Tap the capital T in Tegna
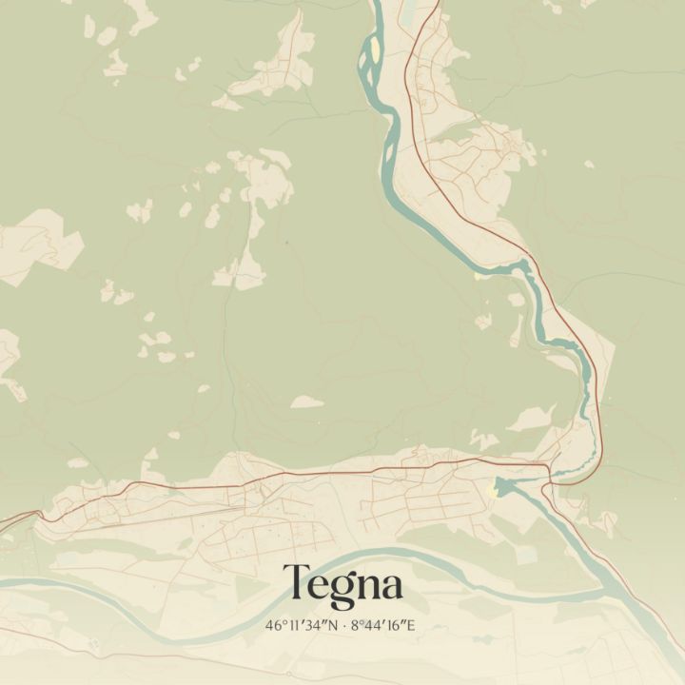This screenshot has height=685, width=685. click(x=295, y=582)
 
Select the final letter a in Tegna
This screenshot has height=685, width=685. click(x=390, y=586)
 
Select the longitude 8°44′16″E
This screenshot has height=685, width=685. click(x=383, y=626)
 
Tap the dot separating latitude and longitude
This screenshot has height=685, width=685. click(x=343, y=626)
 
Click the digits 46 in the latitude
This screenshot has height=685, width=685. click(x=274, y=626)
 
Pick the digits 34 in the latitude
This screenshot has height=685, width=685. click(x=312, y=626)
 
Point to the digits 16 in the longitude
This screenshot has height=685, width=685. click(x=395, y=626)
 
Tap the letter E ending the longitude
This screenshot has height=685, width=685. click(x=411, y=626)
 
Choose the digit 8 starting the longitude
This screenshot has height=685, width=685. click(x=356, y=626)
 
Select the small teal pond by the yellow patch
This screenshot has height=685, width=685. click(x=502, y=487)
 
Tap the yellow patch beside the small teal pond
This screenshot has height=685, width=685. click(x=492, y=490)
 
